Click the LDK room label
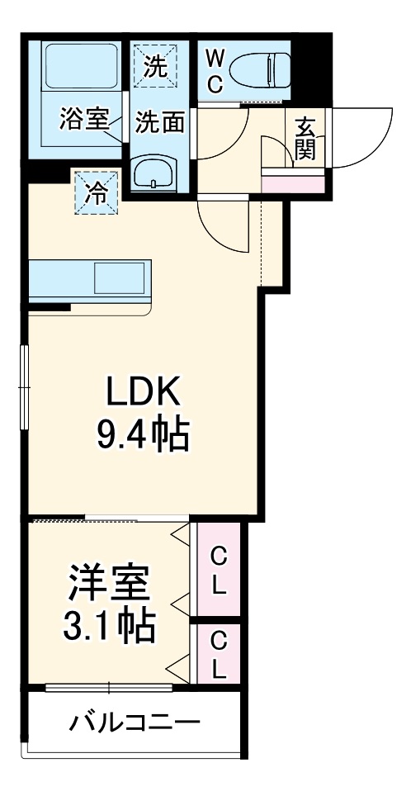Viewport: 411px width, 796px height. (140, 392)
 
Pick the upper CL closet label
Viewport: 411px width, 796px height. (217, 570)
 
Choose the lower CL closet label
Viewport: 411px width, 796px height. (217, 654)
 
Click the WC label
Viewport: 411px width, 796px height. (214, 72)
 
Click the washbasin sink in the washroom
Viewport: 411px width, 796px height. (156, 173)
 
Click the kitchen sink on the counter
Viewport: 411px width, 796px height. (120, 277)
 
